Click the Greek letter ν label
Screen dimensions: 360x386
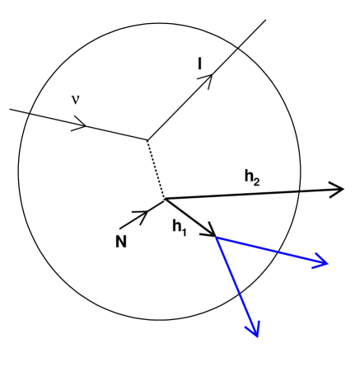point(75,100)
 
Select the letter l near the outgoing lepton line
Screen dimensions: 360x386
point(200,62)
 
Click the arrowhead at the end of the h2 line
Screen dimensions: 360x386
point(338,190)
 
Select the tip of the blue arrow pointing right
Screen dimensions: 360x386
point(327,264)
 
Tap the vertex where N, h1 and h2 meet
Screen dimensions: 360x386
point(165,199)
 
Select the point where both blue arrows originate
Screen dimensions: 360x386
point(217,238)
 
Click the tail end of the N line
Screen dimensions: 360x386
point(120,228)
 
